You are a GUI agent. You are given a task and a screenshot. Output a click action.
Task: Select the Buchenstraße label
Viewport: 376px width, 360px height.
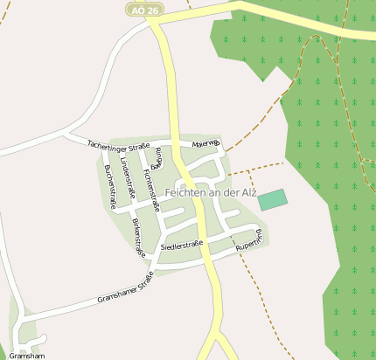pyautogui.click(x=110, y=186)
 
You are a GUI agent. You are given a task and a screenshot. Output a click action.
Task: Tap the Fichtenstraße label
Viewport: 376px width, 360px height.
pyautogui.click(x=150, y=187)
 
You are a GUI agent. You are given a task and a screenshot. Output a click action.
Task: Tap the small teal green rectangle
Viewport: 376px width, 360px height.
pyautogui.click(x=273, y=199)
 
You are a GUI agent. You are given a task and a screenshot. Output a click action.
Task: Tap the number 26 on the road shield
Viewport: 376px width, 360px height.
pyautogui.click(x=153, y=10)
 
